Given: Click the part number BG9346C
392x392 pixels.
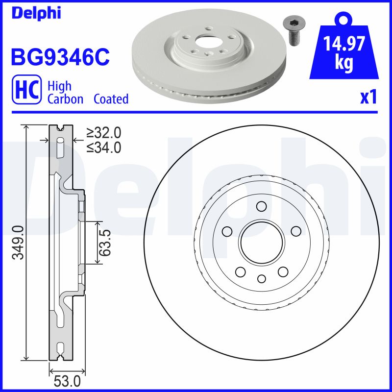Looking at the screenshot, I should click(60, 58).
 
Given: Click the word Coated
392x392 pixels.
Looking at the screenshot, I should click(111, 99).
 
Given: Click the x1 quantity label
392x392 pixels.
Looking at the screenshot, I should click(368, 97).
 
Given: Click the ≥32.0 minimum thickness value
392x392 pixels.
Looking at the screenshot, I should click(103, 132).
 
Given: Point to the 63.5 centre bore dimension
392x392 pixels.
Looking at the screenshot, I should click(104, 242).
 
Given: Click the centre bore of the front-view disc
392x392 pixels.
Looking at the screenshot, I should click(261, 243).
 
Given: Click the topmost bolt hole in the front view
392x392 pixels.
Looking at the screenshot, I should click(261, 207).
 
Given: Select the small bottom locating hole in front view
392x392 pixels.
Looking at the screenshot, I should click(261, 279).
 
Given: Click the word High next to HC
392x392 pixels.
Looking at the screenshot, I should click(59, 86).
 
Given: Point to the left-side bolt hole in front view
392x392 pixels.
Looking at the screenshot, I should click(227, 231).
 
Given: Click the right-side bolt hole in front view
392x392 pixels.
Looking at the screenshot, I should click(295, 231).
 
